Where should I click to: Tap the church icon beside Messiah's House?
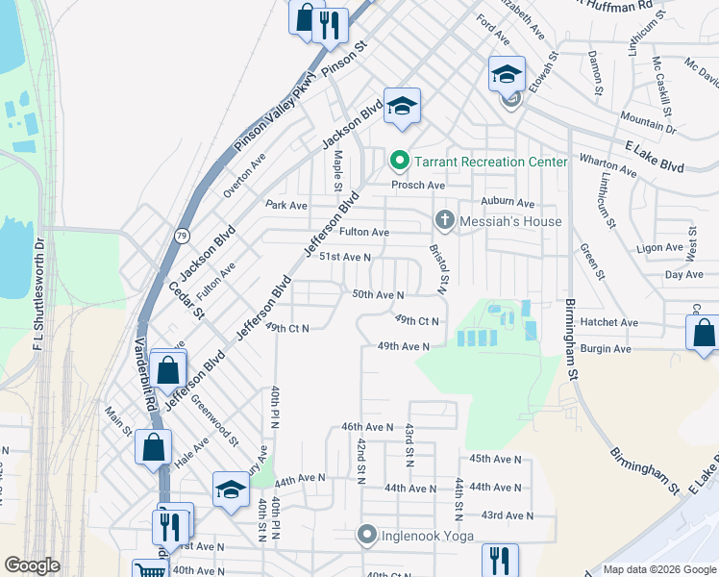(x=444, y=221)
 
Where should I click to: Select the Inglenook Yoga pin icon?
(x=366, y=534)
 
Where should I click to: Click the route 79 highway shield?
(x=183, y=236)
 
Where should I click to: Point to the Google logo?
(x=32, y=565)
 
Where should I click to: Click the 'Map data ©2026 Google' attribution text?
(x=658, y=569)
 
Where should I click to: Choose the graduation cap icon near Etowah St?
(x=507, y=73)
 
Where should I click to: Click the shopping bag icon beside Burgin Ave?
(x=704, y=334)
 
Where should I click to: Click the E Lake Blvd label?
(x=655, y=157)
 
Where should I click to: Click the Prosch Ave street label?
(x=417, y=185)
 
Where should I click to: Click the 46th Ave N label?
(x=367, y=427)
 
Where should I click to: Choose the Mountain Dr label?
(x=648, y=121)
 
